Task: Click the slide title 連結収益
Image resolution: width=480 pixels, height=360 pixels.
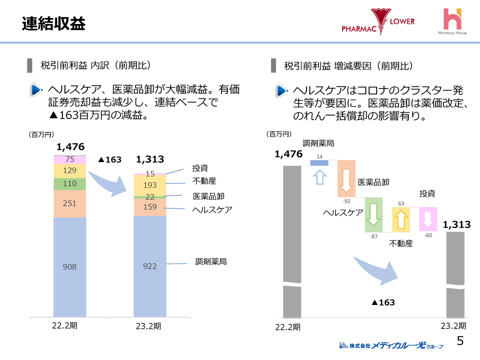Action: pyautogui.click(x=53, y=23)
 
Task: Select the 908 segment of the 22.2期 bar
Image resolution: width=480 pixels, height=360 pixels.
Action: pyautogui.click(x=69, y=267)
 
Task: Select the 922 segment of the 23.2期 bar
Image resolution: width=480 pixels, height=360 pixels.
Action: pyautogui.click(x=149, y=266)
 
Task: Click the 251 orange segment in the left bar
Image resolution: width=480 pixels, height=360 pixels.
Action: pyautogui.click(x=69, y=203)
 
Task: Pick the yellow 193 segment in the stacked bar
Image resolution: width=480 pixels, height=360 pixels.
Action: pyautogui.click(x=149, y=185)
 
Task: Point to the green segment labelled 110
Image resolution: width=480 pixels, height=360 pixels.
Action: pyautogui.click(x=69, y=183)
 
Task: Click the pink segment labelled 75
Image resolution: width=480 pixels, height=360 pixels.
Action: pyautogui.click(x=69, y=159)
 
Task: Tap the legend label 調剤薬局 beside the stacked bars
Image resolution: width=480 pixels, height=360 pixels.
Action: pyautogui.click(x=210, y=261)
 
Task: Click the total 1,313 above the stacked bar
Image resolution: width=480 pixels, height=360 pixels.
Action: pyautogui.click(x=150, y=159)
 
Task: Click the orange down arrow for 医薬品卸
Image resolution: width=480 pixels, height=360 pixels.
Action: pyautogui.click(x=346, y=178)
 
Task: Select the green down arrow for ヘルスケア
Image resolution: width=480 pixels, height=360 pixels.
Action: pyautogui.click(x=373, y=215)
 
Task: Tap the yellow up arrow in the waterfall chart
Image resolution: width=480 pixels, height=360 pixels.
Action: pyautogui.click(x=400, y=219)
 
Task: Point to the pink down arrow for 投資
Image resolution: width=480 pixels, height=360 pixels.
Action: pyautogui.click(x=427, y=219)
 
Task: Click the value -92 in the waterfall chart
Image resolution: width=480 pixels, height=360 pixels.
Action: pyautogui.click(x=346, y=201)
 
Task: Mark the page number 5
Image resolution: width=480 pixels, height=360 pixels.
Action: pyautogui.click(x=460, y=341)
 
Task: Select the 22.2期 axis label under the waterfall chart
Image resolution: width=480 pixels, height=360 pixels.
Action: pyautogui.click(x=288, y=327)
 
